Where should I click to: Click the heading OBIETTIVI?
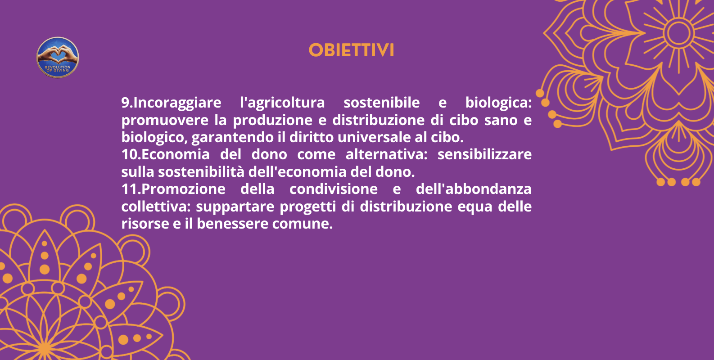pyautogui.click(x=351, y=50)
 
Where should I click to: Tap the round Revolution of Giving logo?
pyautogui.click(x=58, y=58)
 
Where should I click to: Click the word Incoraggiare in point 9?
pyautogui.click(x=177, y=103)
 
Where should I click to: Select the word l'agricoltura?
pyautogui.click(x=282, y=103)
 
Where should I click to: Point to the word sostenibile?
pyautogui.click(x=381, y=103)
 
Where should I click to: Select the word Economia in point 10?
pyautogui.click(x=176, y=154)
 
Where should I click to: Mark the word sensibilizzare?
pyautogui.click(x=484, y=154)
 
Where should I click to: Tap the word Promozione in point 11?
pyautogui.click(x=183, y=189)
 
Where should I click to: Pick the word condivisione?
pyautogui.click(x=333, y=189)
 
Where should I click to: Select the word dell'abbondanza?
pyautogui.click(x=473, y=189)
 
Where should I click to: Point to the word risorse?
pyautogui.click(x=145, y=224)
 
